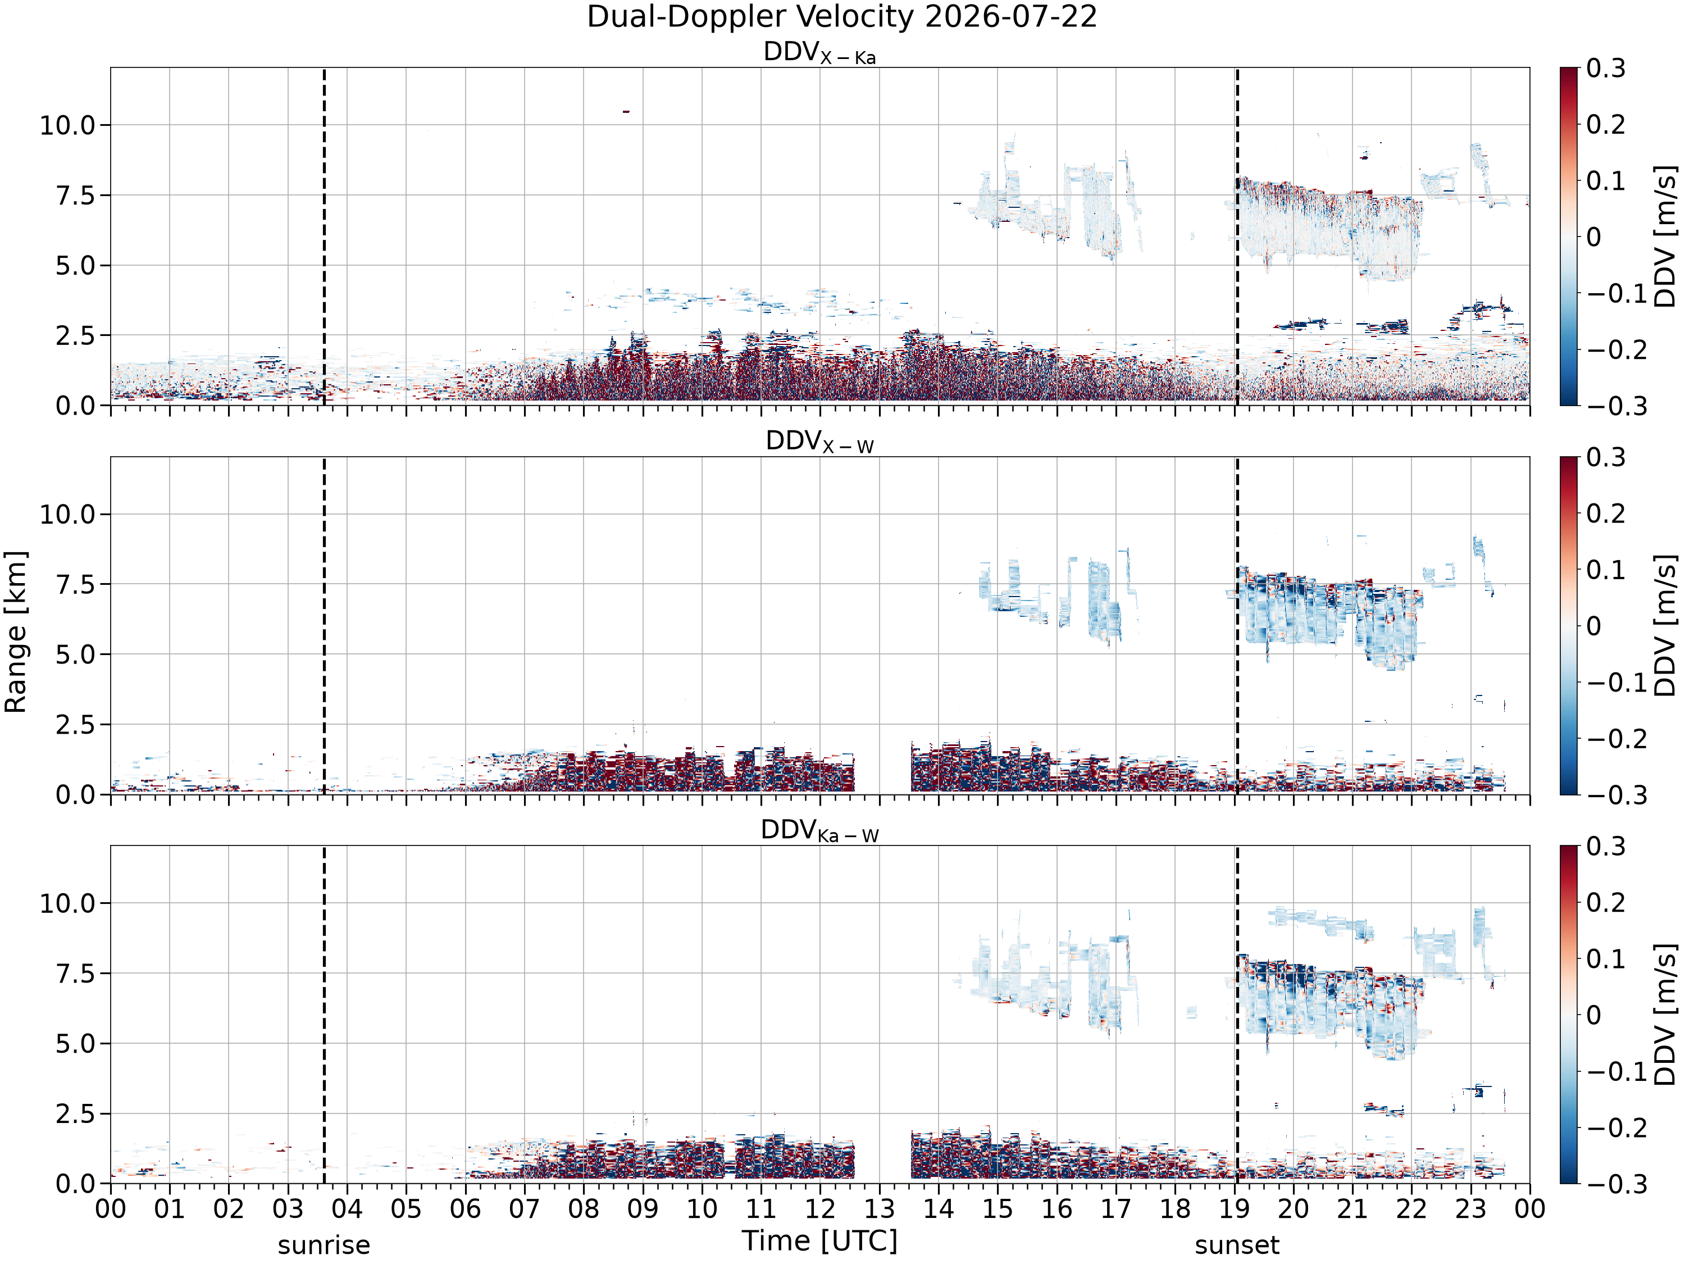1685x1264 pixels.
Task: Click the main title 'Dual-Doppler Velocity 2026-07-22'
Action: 842,17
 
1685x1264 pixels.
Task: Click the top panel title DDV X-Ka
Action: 819,53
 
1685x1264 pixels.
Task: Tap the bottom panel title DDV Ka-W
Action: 819,830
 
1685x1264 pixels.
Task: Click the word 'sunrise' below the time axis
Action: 324,1245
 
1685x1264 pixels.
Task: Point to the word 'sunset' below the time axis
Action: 1237,1245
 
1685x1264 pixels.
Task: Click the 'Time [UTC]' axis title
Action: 819,1240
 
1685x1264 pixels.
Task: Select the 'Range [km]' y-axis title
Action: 15,631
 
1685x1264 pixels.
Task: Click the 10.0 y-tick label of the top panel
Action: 68,125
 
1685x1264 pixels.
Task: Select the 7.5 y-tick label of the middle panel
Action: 76,584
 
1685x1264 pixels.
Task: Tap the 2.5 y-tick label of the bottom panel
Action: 76,1113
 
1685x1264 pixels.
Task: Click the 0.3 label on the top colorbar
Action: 1606,68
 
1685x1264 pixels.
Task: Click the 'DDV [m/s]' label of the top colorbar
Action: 1665,236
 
